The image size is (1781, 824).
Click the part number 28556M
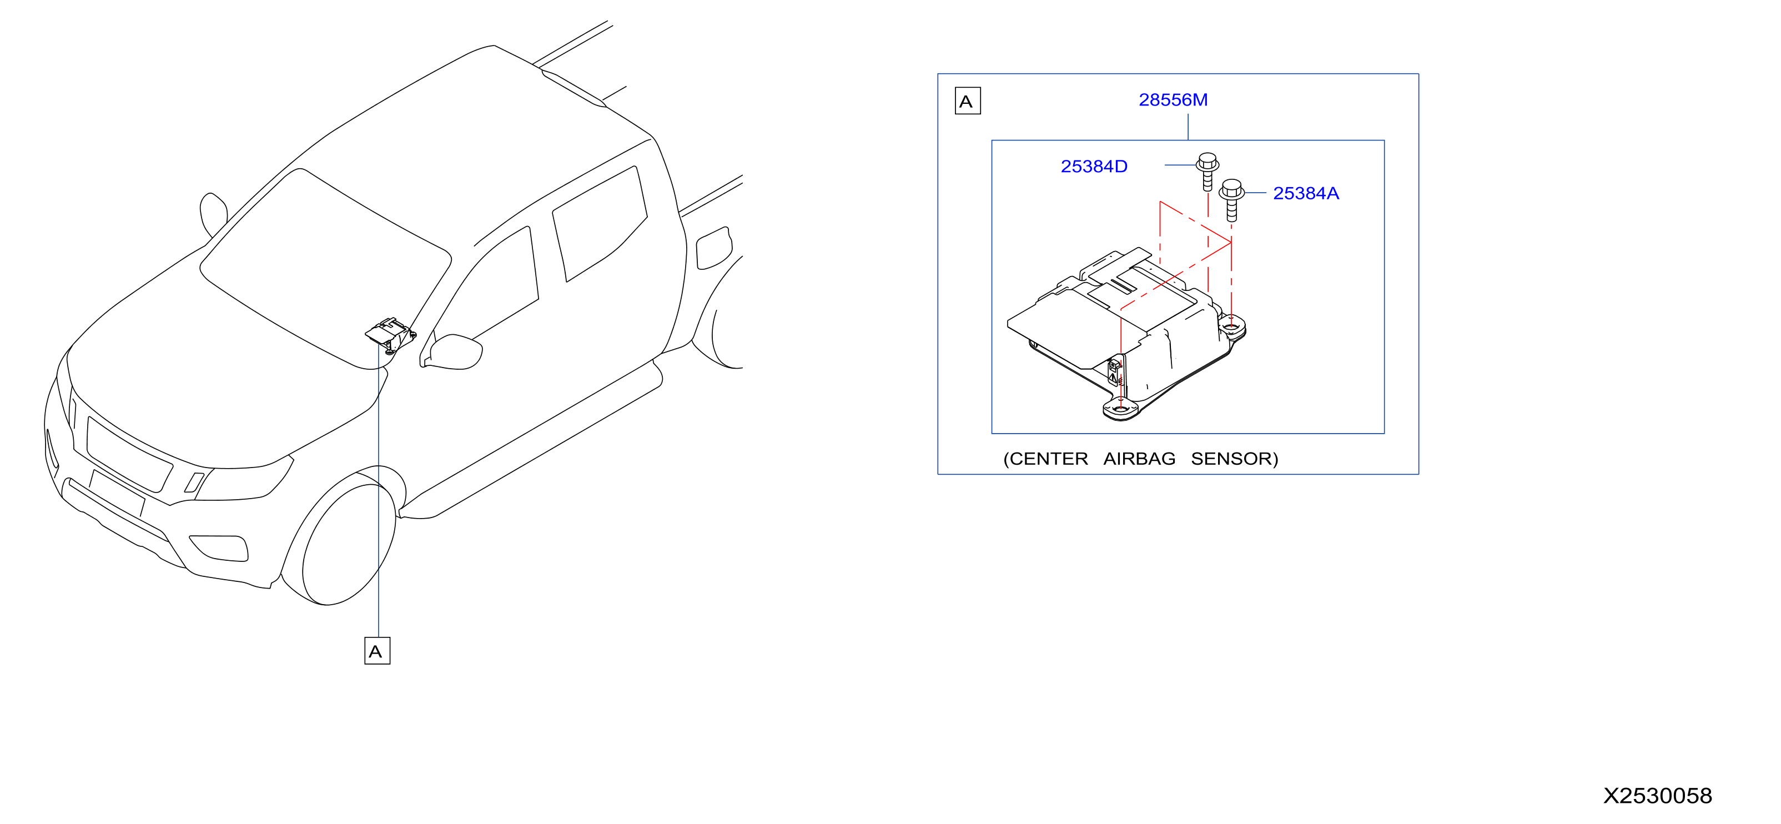(1173, 101)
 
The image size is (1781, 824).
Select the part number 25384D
(1094, 167)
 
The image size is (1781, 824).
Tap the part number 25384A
(1306, 194)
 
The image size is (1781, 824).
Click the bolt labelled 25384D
(1207, 171)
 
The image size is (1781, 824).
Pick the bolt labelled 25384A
(1231, 199)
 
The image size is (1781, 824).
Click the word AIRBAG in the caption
(1139, 459)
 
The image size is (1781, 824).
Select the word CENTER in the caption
(1048, 459)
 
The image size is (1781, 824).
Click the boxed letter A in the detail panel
(967, 101)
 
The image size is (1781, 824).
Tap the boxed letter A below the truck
(377, 651)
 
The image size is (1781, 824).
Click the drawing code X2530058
(1657, 796)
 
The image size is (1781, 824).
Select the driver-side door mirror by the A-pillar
(453, 352)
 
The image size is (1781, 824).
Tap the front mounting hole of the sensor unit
(1120, 409)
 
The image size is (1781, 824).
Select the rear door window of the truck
(600, 223)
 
